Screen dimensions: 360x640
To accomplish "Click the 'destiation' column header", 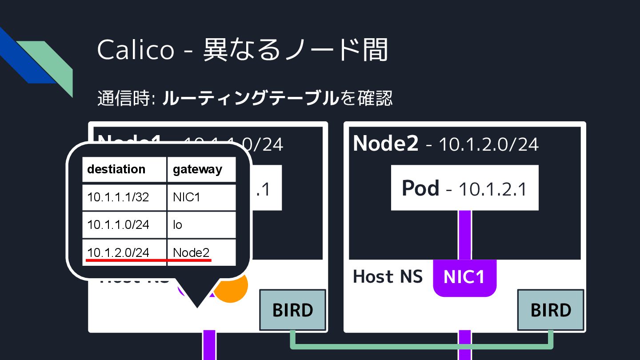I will [x=116, y=169].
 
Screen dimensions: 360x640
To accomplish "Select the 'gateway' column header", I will [x=197, y=169].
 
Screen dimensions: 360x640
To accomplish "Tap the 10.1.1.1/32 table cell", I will [x=118, y=197].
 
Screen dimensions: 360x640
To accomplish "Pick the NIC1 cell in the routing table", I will [x=187, y=197].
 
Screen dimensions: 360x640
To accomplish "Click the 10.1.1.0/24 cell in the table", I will [x=118, y=225].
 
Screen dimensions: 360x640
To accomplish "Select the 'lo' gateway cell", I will [x=178, y=225].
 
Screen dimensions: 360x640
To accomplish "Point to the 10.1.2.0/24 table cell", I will [x=118, y=252].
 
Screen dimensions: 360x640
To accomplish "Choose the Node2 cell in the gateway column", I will [x=191, y=252].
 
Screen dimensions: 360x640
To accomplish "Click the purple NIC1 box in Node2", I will [x=464, y=277].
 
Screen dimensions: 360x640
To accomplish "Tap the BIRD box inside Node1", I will [x=292, y=310].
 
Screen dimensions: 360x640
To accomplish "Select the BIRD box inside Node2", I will [x=551, y=310].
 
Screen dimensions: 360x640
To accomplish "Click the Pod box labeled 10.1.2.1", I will [x=464, y=188].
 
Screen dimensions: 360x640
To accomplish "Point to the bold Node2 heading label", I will [x=385, y=144].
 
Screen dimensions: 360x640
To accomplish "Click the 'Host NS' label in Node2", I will [x=388, y=276].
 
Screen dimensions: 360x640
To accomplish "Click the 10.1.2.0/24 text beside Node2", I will [x=488, y=144].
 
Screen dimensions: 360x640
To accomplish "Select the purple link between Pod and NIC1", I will [x=464, y=235].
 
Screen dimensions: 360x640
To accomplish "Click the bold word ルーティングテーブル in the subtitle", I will [x=250, y=98].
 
